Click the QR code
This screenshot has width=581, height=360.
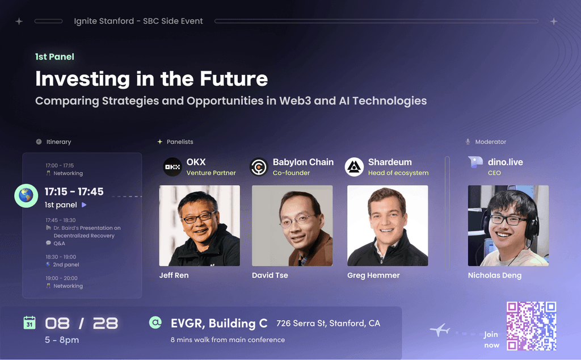(x=531, y=326)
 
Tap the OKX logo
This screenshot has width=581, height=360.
(x=172, y=167)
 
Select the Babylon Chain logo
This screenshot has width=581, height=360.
(x=259, y=167)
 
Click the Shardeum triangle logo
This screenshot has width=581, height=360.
(x=354, y=167)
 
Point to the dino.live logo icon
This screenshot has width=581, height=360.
(x=475, y=162)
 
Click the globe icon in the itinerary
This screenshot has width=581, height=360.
(x=26, y=195)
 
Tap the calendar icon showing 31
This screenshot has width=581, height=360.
(x=30, y=323)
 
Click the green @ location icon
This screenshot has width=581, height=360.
(x=155, y=322)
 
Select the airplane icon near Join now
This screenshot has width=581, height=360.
(x=440, y=329)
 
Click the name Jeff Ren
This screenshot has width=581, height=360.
(x=174, y=275)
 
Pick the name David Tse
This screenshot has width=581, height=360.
(x=270, y=275)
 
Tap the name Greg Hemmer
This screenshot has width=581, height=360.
(x=373, y=275)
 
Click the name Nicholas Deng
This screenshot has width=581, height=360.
(x=495, y=275)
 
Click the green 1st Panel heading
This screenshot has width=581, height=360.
(x=54, y=57)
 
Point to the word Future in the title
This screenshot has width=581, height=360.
(x=233, y=78)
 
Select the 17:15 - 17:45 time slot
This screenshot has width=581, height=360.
(x=74, y=192)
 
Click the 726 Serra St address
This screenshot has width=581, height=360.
(x=329, y=323)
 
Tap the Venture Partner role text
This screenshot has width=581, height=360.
(x=211, y=173)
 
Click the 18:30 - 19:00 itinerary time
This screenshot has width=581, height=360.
(x=61, y=257)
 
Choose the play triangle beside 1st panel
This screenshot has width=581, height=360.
(x=84, y=204)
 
